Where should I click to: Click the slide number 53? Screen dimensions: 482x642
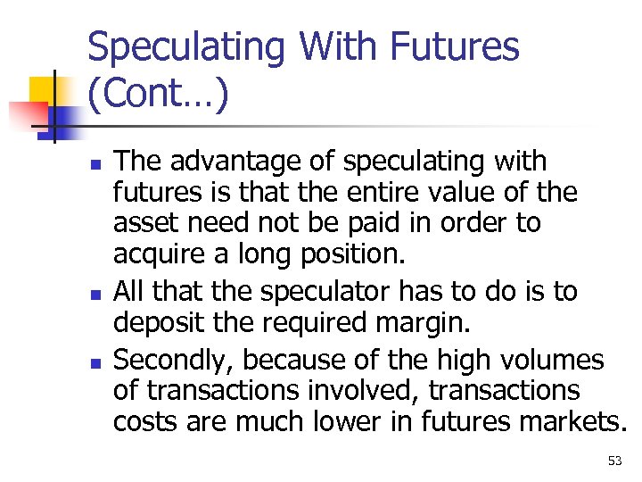click(614, 461)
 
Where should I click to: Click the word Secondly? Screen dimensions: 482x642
click(171, 361)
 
